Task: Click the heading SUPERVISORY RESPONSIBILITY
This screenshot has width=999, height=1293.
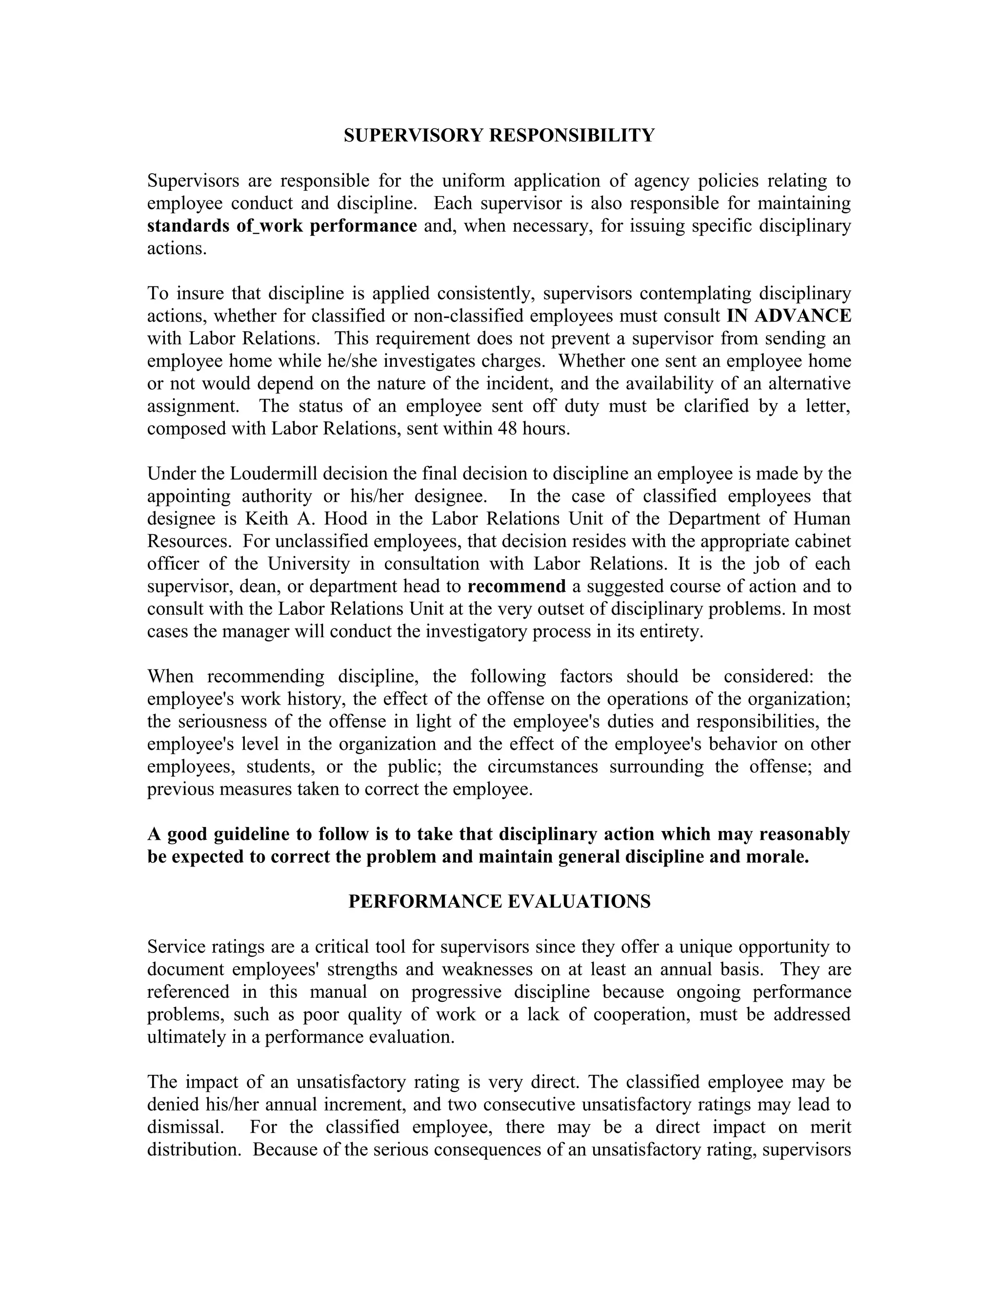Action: pos(499,136)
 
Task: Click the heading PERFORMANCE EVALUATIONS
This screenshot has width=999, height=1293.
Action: pos(499,901)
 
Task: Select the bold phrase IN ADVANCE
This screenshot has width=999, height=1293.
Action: pos(788,316)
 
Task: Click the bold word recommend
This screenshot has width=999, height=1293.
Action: pos(516,586)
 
